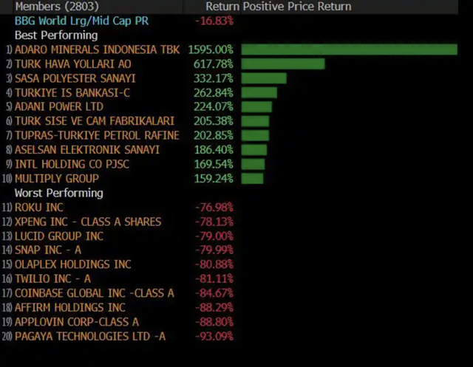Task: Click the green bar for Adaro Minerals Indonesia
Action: [349, 49]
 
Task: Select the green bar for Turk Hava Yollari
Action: [283, 64]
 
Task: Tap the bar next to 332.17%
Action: [263, 78]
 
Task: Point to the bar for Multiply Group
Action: [252, 179]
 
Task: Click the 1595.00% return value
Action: [211, 49]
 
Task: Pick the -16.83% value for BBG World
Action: [214, 21]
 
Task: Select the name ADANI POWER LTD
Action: [59, 106]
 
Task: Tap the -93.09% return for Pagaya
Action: [214, 336]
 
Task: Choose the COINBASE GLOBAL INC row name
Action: [95, 293]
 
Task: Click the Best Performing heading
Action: [56, 35]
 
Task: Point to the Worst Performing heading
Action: [58, 193]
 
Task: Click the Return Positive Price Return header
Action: [278, 7]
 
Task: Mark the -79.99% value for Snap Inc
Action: [214, 250]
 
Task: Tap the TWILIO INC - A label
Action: [52, 278]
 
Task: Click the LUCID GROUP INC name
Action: [59, 236]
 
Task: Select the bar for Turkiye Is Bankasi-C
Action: [259, 92]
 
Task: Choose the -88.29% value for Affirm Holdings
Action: [214, 307]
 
